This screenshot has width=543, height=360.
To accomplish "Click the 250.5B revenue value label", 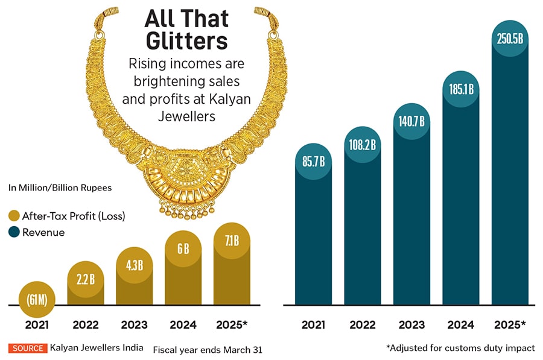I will pyautogui.click(x=510, y=39).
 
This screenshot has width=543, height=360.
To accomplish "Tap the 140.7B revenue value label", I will pyautogui.click(x=411, y=121).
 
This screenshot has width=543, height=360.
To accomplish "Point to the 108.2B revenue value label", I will pyautogui.click(x=363, y=145).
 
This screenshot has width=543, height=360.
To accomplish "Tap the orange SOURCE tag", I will pyautogui.click(x=27, y=348).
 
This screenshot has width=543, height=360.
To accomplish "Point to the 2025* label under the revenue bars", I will pyautogui.click(x=510, y=324).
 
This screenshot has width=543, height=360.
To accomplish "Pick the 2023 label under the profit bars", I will pyautogui.click(x=135, y=324).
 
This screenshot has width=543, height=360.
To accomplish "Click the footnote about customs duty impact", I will pyautogui.click(x=460, y=348).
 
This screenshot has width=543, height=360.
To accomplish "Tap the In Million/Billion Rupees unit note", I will pyautogui.click(x=60, y=188).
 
